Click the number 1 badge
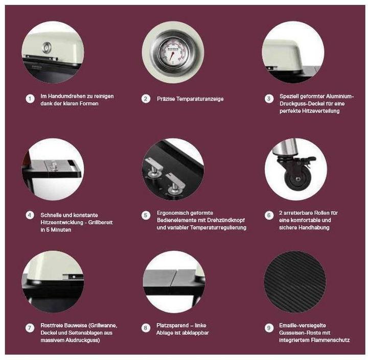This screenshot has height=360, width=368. pos(30,99)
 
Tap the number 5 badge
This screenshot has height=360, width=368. pos(146,215)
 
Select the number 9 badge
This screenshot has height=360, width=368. pos(269,328)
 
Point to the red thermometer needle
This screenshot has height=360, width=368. pos(172,56)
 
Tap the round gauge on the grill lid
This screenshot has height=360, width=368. pos(47,47)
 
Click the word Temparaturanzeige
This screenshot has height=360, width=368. pos(200,99)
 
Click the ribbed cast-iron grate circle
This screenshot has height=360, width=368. pos(295,282)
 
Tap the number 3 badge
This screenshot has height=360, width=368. pos(269,99)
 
